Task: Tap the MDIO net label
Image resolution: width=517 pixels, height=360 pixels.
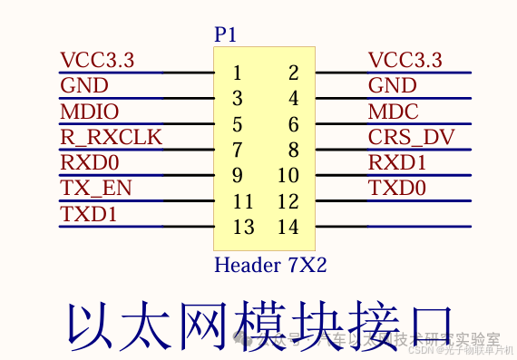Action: pyautogui.click(x=89, y=112)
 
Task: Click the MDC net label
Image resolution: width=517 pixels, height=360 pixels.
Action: pyautogui.click(x=393, y=112)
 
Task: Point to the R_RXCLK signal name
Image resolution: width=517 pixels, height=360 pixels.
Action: pyautogui.click(x=111, y=138)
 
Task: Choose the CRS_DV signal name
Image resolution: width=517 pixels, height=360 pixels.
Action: pyautogui.click(x=411, y=138)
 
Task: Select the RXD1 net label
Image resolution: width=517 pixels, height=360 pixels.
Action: pyautogui.click(x=397, y=163)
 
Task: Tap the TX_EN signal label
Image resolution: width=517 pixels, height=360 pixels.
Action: pyautogui.click(x=95, y=189)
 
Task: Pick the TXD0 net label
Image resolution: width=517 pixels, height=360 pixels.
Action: pyautogui.click(x=397, y=189)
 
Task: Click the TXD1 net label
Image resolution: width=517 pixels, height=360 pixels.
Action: pyautogui.click(x=88, y=214)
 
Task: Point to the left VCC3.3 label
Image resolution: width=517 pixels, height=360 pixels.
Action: pyautogui.click(x=96, y=61)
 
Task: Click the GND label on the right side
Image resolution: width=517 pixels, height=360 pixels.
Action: pyautogui.click(x=392, y=86)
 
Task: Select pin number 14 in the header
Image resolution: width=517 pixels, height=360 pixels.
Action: pyautogui.click(x=288, y=227)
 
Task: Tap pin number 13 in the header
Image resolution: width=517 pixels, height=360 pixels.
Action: pyautogui.click(x=243, y=227)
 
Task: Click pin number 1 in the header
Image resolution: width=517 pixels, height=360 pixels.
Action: pyautogui.click(x=237, y=73)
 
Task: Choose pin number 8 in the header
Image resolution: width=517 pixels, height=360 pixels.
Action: pyautogui.click(x=293, y=150)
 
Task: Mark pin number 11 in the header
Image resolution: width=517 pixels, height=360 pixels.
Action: pyautogui.click(x=243, y=201)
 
